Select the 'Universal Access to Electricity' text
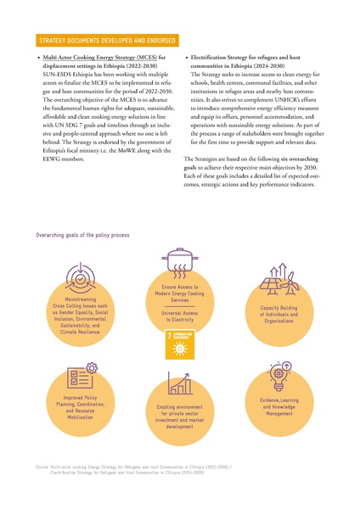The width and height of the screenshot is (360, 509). point(180,316)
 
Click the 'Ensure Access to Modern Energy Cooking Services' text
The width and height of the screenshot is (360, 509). point(180,294)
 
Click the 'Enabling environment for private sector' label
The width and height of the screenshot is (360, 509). point(180,417)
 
